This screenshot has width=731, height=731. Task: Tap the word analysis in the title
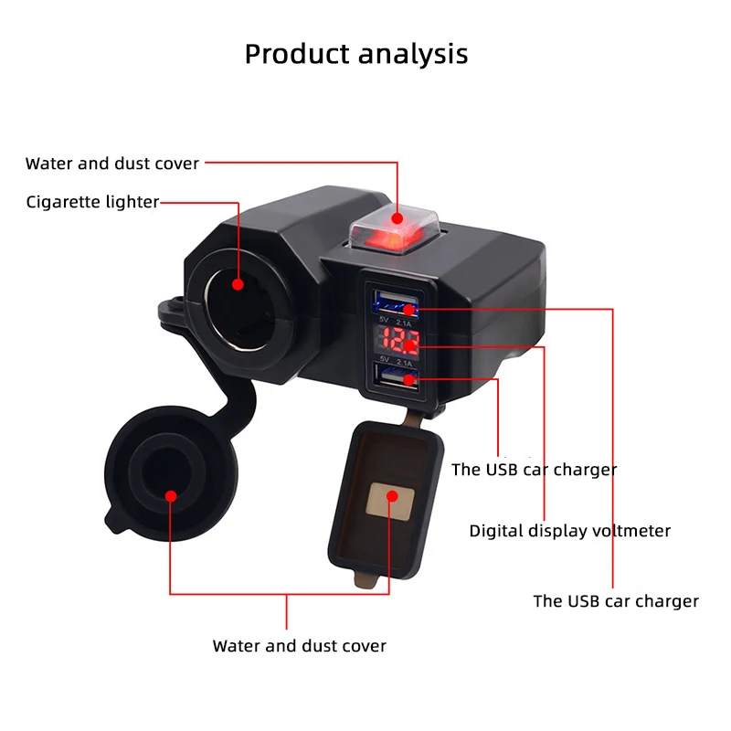coord(412,54)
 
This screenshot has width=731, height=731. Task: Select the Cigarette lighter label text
coord(92,202)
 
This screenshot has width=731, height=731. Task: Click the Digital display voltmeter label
coord(570,531)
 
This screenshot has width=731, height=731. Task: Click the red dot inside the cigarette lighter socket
coord(237,283)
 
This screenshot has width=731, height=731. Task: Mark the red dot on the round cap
coord(171,496)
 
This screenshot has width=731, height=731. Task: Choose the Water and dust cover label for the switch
coord(112,164)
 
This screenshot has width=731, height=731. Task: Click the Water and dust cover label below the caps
coord(299,646)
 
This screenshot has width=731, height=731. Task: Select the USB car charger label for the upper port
coord(616,601)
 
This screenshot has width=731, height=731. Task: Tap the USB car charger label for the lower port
coord(534,470)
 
